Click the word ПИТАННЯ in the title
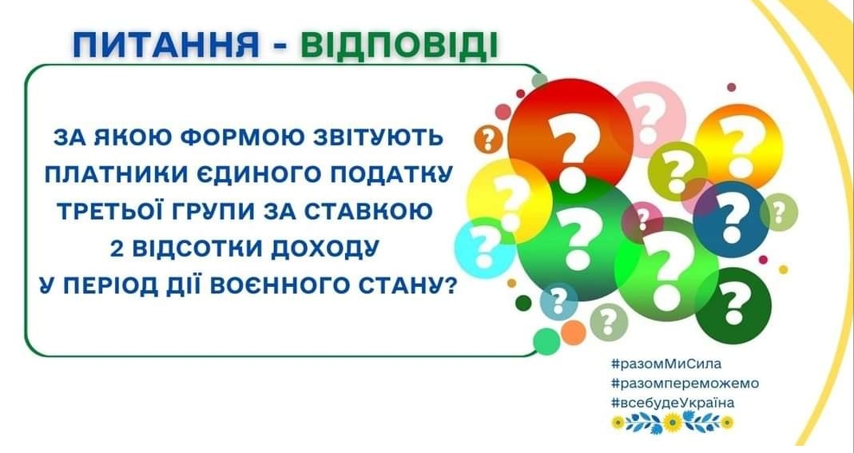[x=166, y=46]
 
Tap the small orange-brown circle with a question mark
[x=489, y=140]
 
